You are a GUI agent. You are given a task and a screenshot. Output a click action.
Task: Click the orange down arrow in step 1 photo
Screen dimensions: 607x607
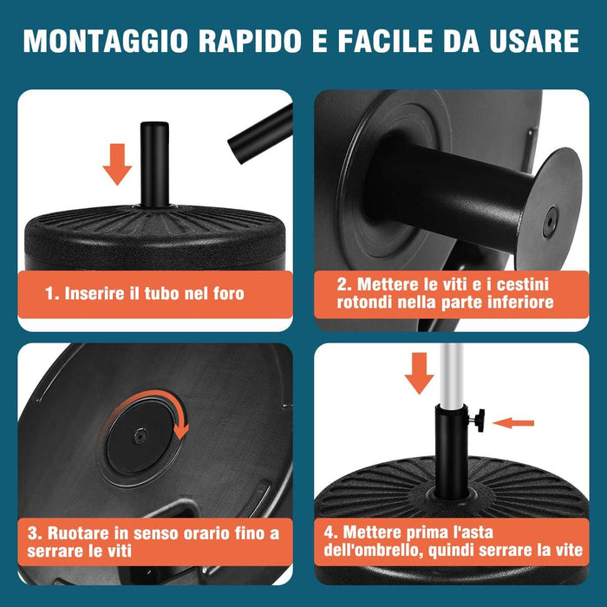[117, 164]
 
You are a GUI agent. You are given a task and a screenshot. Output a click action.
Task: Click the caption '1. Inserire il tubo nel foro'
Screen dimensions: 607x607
[144, 293]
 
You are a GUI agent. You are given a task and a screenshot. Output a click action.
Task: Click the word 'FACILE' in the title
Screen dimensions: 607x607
[406, 41]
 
